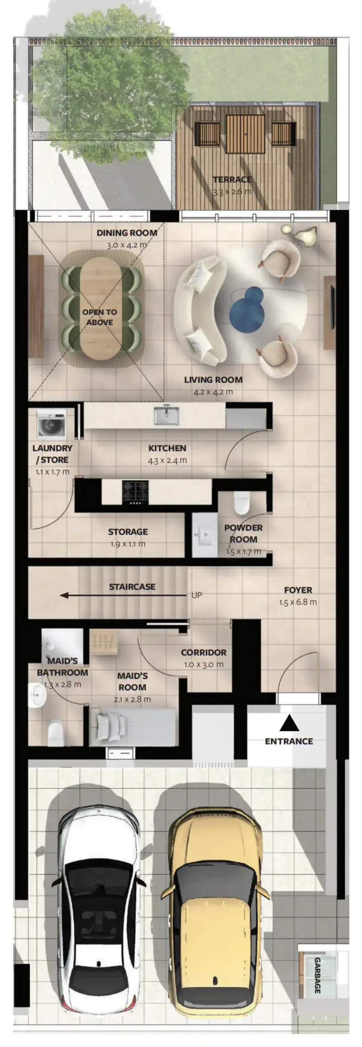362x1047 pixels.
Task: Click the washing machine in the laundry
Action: click(51, 424)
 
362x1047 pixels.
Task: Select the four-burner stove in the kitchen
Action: click(136, 492)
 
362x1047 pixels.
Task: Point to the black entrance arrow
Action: click(289, 722)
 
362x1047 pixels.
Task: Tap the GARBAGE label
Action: click(317, 975)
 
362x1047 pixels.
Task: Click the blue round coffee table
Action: click(246, 308)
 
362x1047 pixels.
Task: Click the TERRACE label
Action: click(232, 179)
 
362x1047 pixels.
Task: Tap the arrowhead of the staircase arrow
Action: click(64, 595)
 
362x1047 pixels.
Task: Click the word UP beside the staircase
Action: click(196, 595)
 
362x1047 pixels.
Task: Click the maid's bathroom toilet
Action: click(56, 733)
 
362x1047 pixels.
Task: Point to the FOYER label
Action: click(298, 590)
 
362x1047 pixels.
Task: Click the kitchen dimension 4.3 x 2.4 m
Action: click(167, 460)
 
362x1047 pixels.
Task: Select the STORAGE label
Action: click(128, 532)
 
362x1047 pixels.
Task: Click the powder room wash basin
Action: click(205, 535)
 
